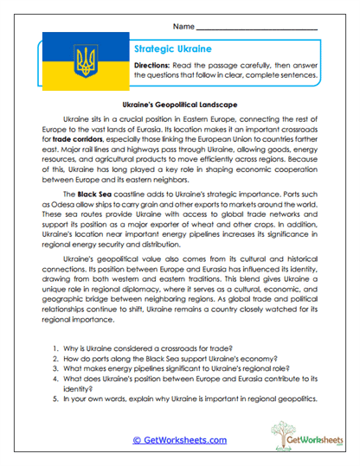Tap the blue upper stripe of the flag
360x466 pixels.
[83, 48]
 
